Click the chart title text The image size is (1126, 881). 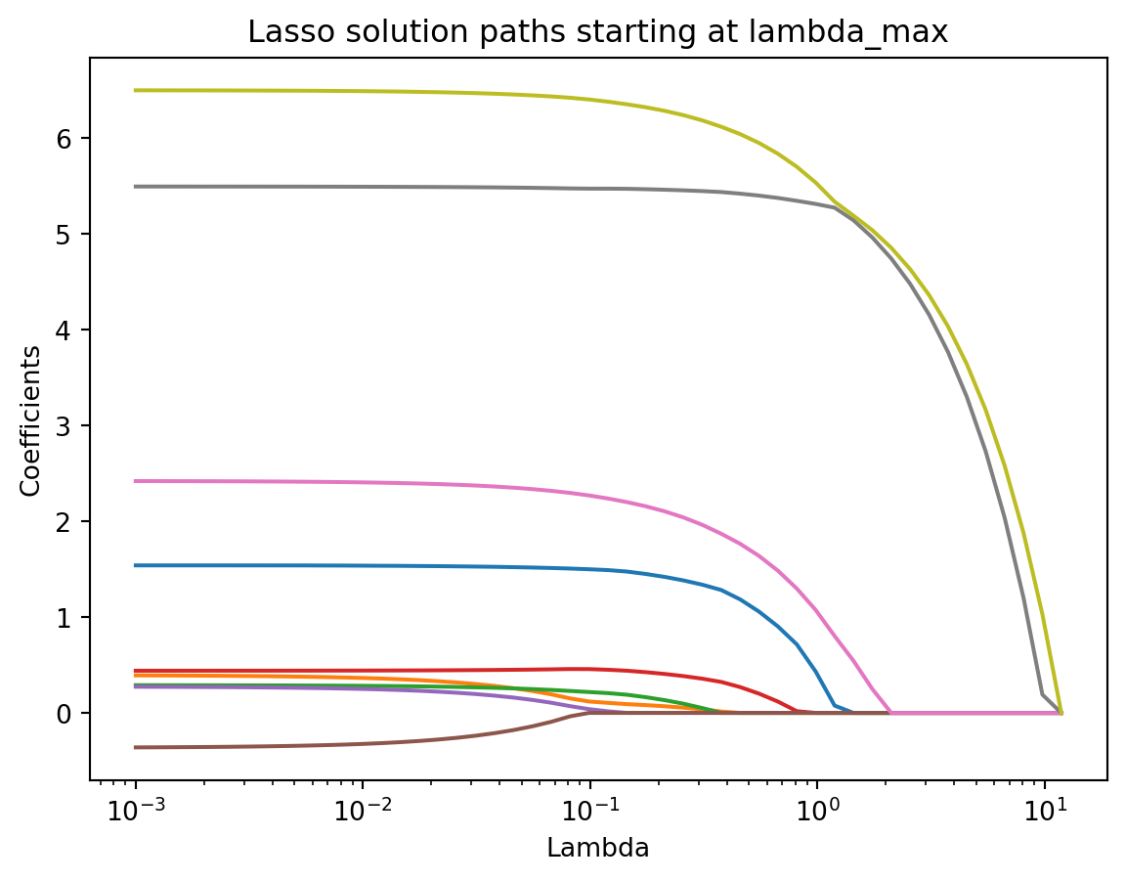597,32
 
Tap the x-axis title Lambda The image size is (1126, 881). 597,849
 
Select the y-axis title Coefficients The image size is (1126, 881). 31,419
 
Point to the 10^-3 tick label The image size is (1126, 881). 135,811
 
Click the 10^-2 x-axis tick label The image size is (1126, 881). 363,811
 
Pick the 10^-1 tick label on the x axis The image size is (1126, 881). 589,811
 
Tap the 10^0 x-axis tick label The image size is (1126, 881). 818,811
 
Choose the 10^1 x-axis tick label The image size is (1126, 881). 1045,811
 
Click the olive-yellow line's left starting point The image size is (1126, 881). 136,90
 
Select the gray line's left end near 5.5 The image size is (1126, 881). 136,186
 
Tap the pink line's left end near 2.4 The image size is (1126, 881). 136,481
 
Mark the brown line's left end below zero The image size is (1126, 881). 136,747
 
